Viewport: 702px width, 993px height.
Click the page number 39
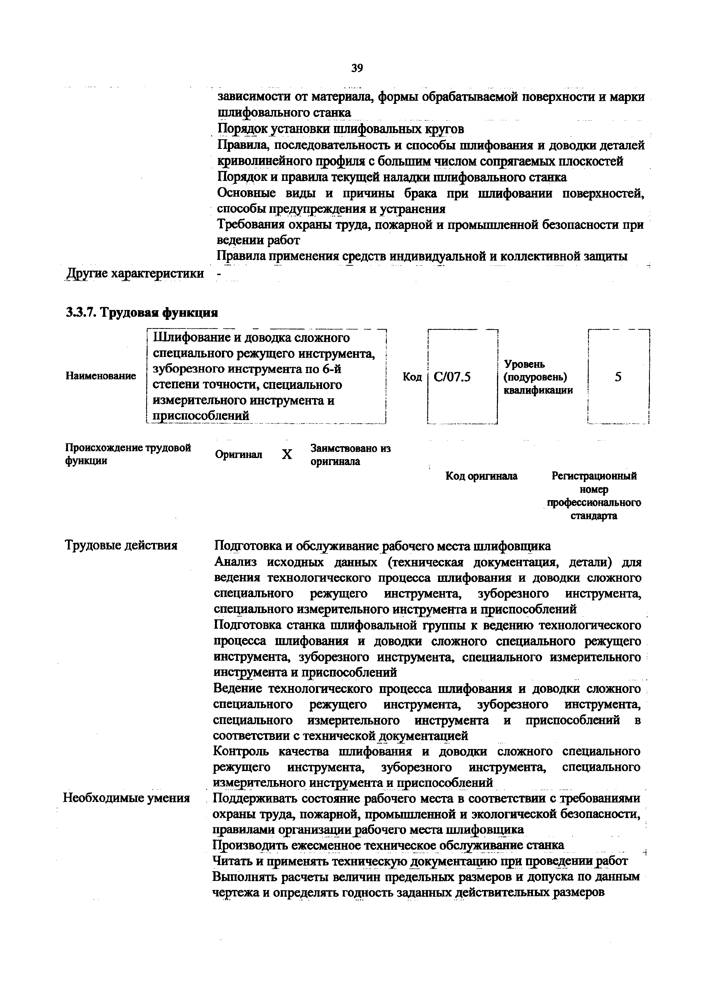click(357, 68)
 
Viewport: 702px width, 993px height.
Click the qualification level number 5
click(618, 377)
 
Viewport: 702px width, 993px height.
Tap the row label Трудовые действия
click(121, 545)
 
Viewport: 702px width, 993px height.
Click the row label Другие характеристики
click(135, 273)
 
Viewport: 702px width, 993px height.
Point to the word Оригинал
click(238, 455)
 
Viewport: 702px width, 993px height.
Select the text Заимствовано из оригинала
click(350, 455)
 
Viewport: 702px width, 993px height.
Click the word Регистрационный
click(594, 476)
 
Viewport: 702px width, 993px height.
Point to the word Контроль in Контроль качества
click(241, 752)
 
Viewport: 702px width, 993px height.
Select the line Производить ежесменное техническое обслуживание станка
click(389, 845)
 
